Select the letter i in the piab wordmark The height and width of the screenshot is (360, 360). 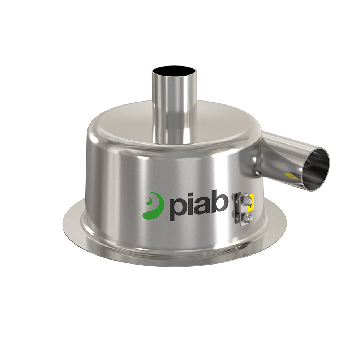(x=188, y=204)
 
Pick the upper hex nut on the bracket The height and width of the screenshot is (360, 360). (x=247, y=200)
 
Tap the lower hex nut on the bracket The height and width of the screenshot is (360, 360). (x=247, y=217)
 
